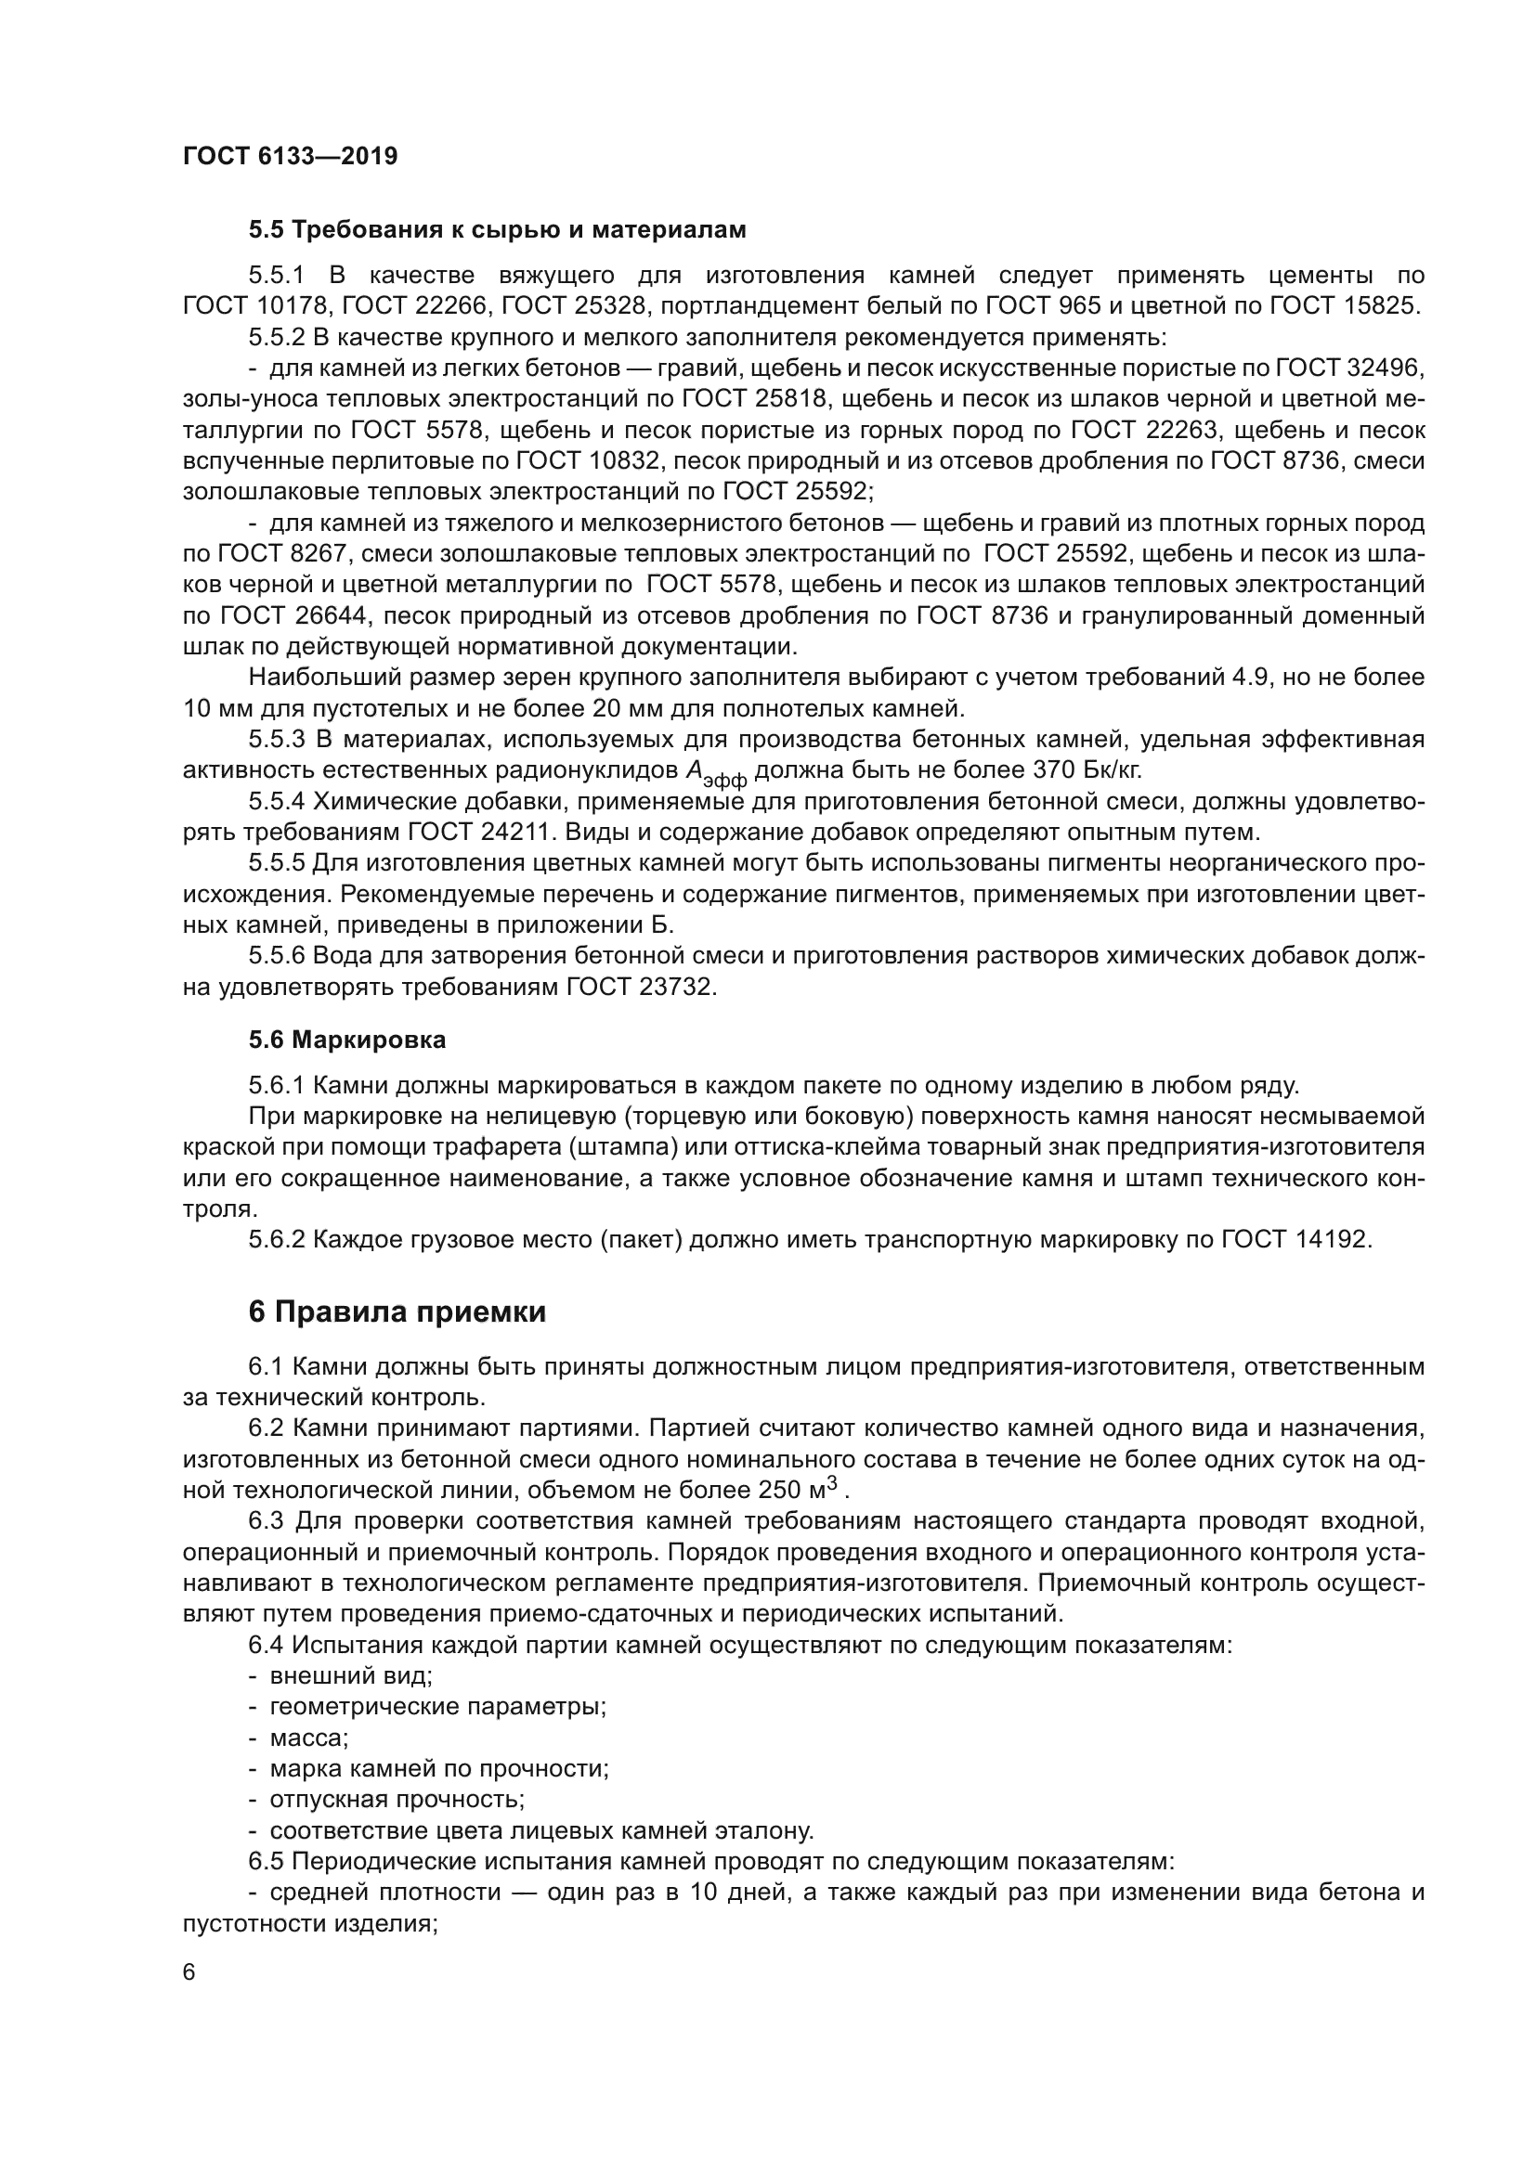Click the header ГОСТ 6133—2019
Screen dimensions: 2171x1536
(290, 156)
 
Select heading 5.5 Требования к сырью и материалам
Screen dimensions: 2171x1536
(497, 230)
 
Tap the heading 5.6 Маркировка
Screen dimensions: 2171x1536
(347, 1040)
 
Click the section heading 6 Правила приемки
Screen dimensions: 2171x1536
(397, 1312)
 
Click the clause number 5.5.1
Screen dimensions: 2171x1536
(276, 275)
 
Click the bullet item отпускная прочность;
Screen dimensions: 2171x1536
(397, 1800)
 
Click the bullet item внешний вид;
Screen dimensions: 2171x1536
(351, 1676)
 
